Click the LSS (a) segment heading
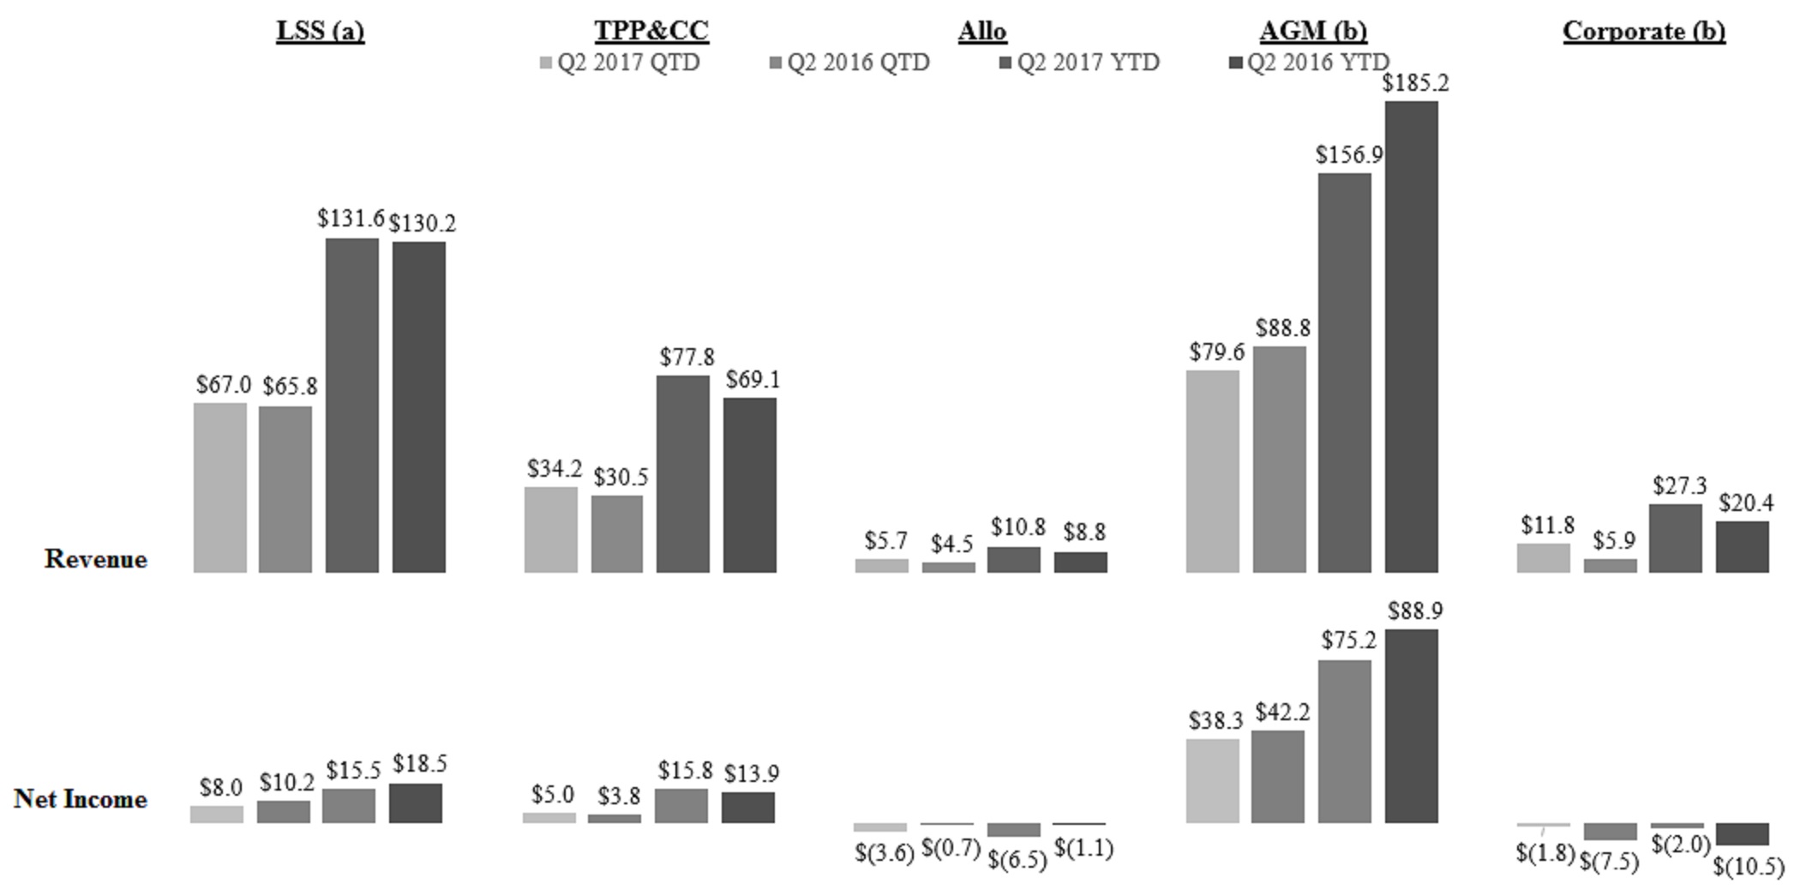point(320,31)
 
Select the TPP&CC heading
point(651,31)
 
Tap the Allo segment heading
point(982,31)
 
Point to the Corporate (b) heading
point(1644,31)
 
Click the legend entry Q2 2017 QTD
point(620,63)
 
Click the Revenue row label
point(96,559)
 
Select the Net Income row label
point(81,799)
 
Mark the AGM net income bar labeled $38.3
point(1212,780)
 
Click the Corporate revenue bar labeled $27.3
point(1675,538)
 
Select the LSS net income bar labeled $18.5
point(416,803)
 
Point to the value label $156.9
point(1349,155)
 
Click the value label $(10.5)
point(1748,867)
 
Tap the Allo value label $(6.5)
point(1017,859)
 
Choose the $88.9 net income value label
point(1415,611)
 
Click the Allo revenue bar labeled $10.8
point(1014,560)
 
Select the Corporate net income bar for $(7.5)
point(1610,832)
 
